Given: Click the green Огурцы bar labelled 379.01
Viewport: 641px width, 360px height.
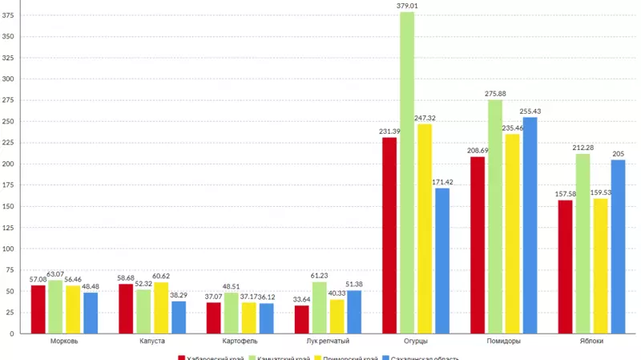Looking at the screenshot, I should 407,172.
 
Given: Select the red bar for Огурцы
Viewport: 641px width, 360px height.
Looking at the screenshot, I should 389,235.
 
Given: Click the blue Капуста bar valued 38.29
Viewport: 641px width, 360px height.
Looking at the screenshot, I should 179,317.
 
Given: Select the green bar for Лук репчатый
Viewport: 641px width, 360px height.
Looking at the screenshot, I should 320,307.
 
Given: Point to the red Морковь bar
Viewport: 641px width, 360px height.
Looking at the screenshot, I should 38,309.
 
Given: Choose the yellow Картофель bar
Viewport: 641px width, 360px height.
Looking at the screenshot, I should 249,318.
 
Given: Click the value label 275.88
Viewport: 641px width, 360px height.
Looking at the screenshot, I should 495,94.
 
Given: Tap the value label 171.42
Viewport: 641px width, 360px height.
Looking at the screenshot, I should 442,182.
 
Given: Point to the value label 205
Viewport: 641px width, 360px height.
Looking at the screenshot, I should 618,154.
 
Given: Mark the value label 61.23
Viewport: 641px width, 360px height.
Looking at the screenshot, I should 320,276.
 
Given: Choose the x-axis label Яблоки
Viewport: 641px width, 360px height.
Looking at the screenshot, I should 591,342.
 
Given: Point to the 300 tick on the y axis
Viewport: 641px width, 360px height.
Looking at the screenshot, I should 9,79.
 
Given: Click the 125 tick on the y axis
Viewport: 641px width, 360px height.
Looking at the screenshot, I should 9,227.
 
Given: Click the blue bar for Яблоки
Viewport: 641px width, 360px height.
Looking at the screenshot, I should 618,246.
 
